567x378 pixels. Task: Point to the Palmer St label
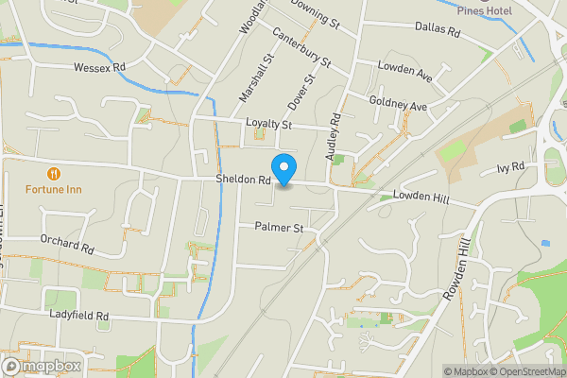(x=279, y=228)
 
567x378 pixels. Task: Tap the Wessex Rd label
(x=99, y=68)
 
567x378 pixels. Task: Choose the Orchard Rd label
(x=68, y=246)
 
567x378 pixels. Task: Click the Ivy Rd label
(x=509, y=168)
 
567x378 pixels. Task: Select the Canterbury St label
(x=301, y=47)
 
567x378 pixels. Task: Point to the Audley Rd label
(x=334, y=135)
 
